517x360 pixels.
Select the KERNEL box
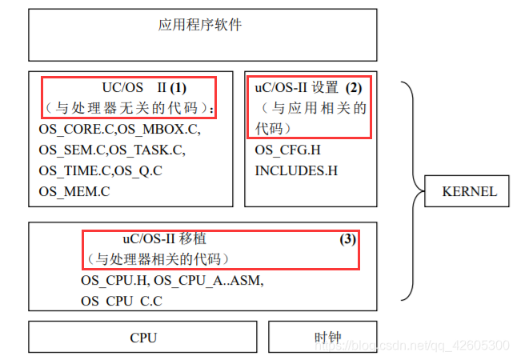469,191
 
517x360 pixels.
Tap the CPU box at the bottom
143,338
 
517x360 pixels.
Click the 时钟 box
323,338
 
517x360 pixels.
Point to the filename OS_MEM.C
74,191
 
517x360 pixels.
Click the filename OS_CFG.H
288,150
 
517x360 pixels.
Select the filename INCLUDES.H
296,170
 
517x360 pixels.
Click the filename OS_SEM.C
72,150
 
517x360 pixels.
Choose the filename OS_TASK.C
146,150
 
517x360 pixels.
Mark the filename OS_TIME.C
74,170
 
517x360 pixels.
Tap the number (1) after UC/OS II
178,86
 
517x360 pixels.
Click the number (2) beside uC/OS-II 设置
354,86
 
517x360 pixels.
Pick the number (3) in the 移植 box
347,238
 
